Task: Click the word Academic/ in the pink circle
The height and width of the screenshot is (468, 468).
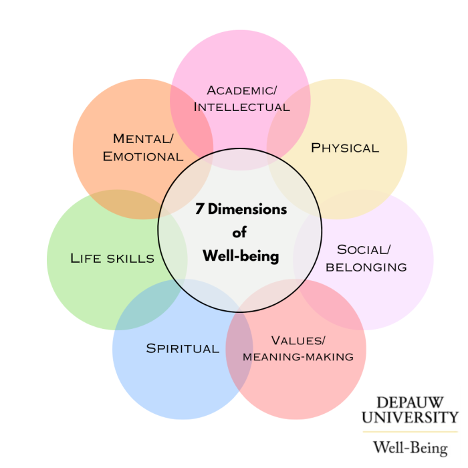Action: [241, 90]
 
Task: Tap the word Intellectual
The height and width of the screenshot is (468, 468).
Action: [241, 107]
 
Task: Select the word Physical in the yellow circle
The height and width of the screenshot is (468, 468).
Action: [345, 148]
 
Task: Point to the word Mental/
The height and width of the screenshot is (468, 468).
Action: [142, 139]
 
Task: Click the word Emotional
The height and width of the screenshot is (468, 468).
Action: [142, 156]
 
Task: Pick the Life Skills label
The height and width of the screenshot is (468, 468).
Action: [112, 258]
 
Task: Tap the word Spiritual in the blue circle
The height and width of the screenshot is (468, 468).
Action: [183, 348]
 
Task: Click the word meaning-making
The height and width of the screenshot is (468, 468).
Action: [298, 357]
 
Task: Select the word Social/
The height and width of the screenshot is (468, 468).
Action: [364, 250]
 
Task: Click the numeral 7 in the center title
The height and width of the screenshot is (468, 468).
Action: [199, 209]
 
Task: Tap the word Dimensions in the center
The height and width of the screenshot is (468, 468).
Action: [247, 209]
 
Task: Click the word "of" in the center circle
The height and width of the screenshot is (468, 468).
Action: [239, 233]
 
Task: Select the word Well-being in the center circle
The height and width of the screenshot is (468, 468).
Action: [240, 256]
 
